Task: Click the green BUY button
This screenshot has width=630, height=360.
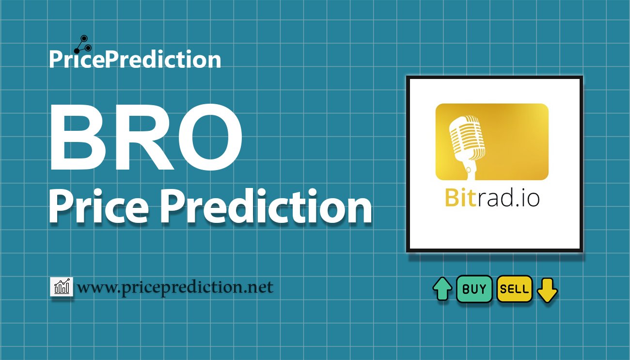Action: [474, 289]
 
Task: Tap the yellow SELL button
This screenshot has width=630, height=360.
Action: [515, 289]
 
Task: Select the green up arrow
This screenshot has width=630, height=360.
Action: [442, 289]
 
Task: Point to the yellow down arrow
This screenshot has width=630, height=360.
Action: [547, 290]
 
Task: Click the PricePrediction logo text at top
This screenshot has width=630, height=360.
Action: [135, 59]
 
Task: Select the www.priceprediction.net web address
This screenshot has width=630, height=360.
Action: [175, 287]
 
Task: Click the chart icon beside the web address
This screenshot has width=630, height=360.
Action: [62, 287]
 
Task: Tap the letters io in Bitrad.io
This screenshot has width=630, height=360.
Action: [530, 198]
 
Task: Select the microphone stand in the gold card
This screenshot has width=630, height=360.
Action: [469, 167]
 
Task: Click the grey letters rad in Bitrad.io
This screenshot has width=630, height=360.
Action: [494, 198]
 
